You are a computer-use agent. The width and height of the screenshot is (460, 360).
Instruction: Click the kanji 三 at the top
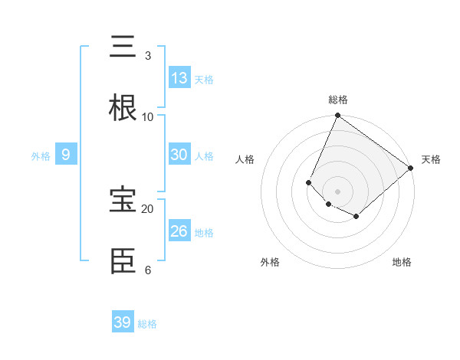point(123,47)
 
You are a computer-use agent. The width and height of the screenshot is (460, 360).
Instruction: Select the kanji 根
point(123,108)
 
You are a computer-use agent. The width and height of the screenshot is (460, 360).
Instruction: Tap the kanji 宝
point(123,201)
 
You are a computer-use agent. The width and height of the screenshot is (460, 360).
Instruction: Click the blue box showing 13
point(179,77)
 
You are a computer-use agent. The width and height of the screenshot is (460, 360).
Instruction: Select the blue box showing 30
point(179,154)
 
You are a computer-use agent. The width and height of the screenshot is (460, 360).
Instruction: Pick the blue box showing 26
point(179,231)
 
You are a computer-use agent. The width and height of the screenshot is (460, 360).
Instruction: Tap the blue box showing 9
point(66,154)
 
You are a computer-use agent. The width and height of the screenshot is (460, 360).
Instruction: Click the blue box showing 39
point(123,322)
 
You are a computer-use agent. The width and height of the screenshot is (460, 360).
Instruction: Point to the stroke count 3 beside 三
point(148,56)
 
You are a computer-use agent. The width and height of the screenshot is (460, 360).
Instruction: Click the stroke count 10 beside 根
point(148,117)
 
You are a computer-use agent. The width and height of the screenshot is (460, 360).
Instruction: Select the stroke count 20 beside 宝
point(148,209)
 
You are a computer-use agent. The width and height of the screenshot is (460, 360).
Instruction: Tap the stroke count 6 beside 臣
point(148,270)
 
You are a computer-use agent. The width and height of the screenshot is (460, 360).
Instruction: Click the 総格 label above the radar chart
point(338,100)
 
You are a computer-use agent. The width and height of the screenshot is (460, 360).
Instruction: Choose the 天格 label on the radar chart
point(431,159)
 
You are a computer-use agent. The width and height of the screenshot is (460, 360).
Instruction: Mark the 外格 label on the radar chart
point(270,262)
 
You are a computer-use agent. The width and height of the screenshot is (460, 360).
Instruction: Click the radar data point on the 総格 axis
point(337,116)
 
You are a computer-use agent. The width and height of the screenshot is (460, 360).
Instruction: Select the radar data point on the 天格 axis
point(411,168)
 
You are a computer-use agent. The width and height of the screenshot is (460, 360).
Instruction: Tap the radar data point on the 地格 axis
point(356,217)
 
